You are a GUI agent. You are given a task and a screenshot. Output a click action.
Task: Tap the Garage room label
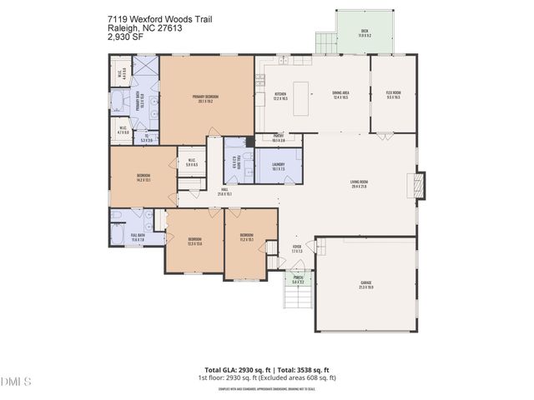(365, 285)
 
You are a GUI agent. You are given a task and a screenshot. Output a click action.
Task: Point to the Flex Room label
(393, 94)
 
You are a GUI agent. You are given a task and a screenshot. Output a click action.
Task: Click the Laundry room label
(279, 166)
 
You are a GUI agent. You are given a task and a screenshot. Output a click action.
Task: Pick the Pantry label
(279, 139)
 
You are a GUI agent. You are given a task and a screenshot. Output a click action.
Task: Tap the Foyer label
(296, 248)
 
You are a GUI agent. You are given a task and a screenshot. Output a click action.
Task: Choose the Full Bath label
(137, 237)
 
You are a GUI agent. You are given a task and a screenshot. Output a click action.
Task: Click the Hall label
(224, 192)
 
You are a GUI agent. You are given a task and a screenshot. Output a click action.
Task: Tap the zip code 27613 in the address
(167, 27)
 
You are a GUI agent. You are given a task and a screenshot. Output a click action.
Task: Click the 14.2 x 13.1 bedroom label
(143, 177)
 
